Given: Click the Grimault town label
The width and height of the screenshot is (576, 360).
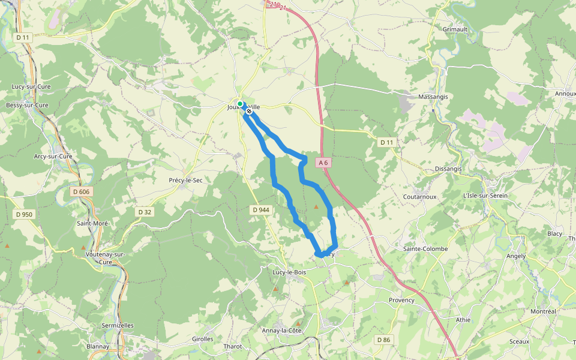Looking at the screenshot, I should pos(455,29).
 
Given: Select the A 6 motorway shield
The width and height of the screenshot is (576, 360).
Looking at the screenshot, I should pos(323,163).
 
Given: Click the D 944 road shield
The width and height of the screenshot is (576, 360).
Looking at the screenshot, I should pos(262,209).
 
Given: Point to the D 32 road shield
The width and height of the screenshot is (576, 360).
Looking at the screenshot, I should pos(145,212).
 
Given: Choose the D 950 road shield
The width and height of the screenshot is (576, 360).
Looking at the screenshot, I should pos(23,214).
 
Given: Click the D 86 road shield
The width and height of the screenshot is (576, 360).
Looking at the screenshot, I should pos(383,340).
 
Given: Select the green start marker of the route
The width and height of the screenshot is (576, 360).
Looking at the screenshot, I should pos(240,104).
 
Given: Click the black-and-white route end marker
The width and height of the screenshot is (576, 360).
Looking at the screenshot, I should pos(249,111).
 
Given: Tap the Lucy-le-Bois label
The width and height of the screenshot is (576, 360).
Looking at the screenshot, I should pos(289,272).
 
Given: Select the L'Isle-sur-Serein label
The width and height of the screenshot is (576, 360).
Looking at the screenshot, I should pos(485,196).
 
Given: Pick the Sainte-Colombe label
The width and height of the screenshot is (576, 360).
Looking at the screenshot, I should pos(422,248).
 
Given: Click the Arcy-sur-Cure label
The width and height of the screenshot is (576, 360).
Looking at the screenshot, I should pos(53,156).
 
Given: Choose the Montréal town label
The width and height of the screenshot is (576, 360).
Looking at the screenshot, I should pos(544,311).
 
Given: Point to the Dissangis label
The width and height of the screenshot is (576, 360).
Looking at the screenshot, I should pos(448,169).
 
